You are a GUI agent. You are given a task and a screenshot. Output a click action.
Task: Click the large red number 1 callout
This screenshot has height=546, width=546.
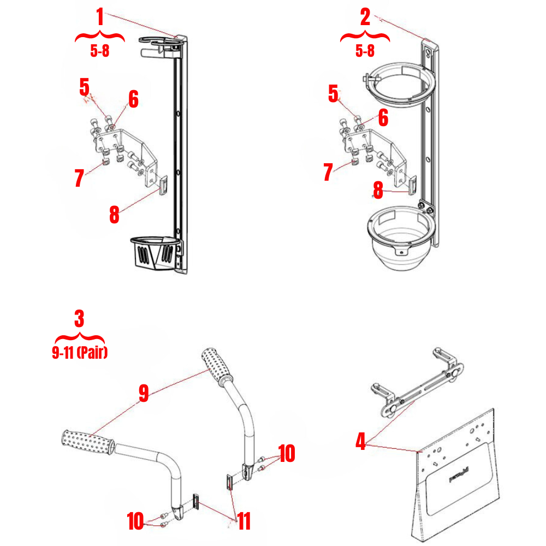(99, 18)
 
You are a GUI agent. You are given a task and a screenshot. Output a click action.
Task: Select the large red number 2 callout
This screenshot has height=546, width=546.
(365, 17)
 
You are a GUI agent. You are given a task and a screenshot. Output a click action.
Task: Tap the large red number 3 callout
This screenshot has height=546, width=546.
(80, 318)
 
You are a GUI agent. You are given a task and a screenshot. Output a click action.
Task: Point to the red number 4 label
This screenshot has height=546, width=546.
(360, 441)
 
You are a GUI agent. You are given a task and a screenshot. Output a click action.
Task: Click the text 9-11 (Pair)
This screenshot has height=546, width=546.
(80, 353)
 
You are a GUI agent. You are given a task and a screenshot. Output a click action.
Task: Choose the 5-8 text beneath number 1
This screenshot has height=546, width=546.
(99, 51)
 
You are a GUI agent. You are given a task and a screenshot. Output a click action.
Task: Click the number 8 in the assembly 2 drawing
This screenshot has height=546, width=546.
(378, 190)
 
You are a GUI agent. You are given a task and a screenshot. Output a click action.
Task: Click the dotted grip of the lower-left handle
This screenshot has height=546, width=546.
(87, 442)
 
